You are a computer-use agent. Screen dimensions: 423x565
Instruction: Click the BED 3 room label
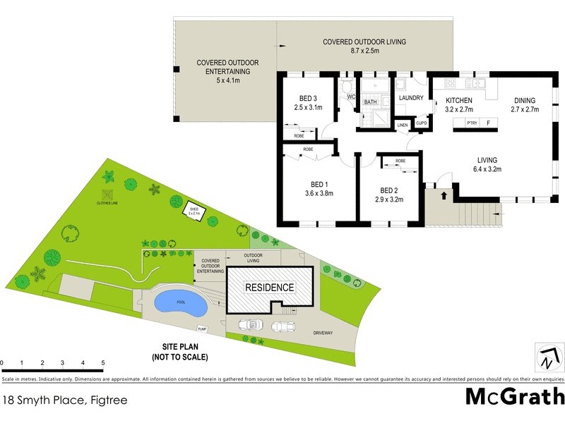[308, 99]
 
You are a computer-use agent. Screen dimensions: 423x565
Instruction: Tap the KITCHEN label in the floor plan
[458, 101]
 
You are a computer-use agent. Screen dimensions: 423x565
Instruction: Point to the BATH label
[370, 102]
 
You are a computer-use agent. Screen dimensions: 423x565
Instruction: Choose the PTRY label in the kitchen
[472, 123]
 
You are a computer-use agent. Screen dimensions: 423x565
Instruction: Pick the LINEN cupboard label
[403, 125]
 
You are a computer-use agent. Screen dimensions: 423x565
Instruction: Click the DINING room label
[525, 100]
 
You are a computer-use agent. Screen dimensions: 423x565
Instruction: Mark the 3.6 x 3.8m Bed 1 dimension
[318, 193]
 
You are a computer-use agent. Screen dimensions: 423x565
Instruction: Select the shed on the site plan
[194, 211]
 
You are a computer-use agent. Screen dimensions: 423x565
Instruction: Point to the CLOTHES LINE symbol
[106, 195]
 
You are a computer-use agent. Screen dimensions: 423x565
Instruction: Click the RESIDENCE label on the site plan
[269, 288]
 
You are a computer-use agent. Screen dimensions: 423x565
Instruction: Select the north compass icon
[547, 357]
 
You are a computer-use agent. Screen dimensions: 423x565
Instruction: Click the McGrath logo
[515, 396]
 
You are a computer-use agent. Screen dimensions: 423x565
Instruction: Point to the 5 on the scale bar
[103, 363]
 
